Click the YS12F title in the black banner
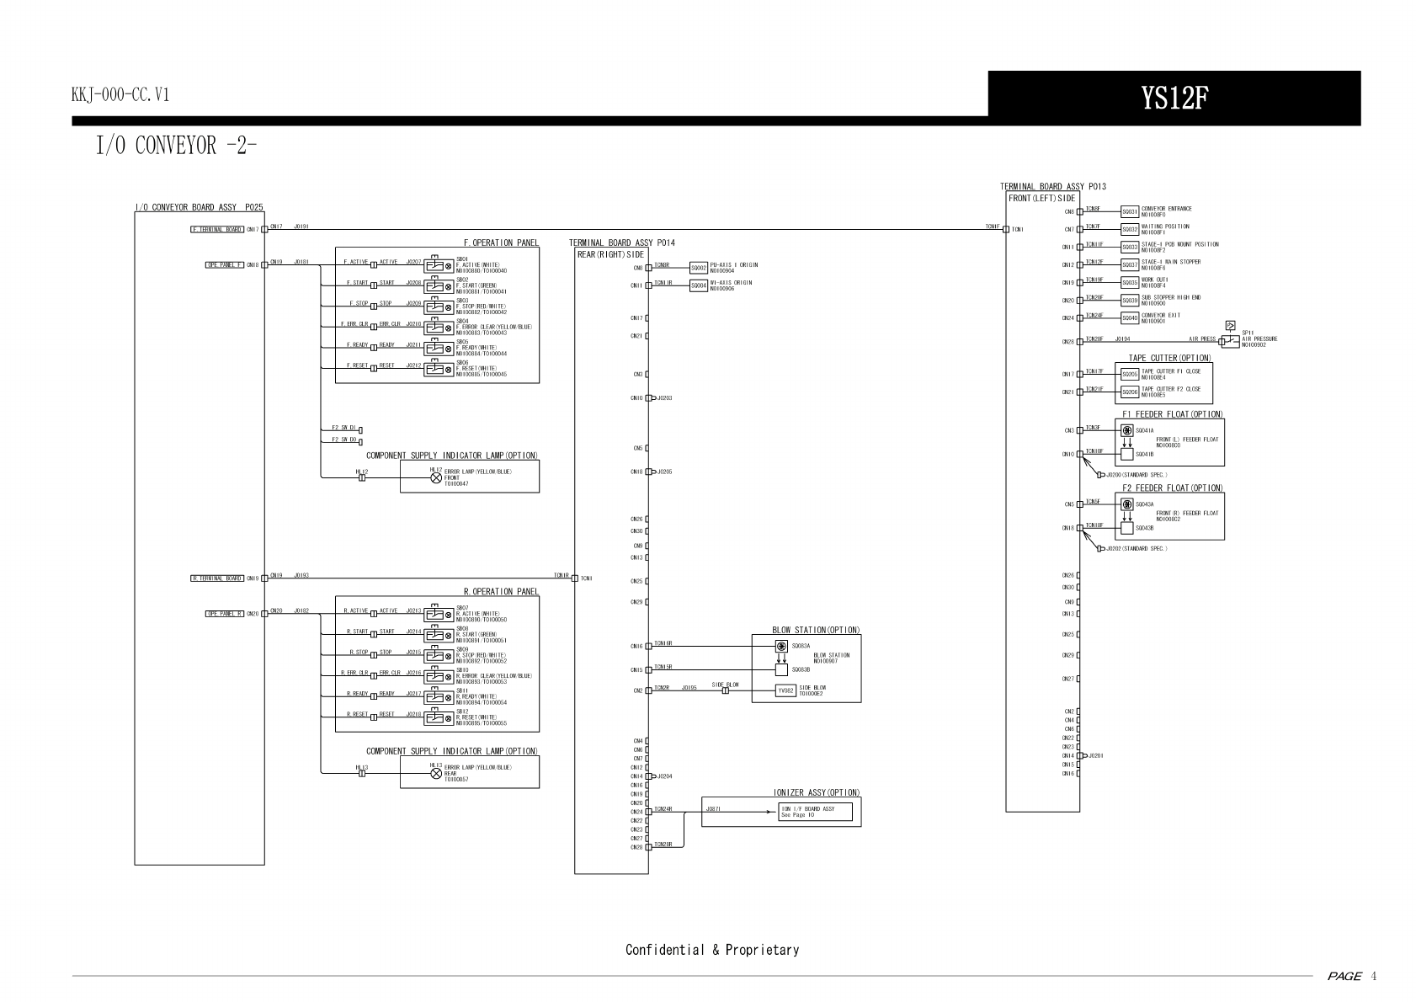[1174, 99]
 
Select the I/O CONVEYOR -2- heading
[176, 146]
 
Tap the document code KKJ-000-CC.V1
[120, 95]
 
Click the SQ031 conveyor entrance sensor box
[1130, 211]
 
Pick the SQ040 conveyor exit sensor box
[1130, 317]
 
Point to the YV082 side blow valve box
[785, 690]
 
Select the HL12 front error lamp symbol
[436, 477]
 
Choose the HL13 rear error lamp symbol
[436, 773]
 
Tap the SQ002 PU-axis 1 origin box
[698, 268]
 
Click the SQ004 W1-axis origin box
[698, 285]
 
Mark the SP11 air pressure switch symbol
[1230, 340]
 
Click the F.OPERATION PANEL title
[501, 243]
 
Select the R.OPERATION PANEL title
[501, 592]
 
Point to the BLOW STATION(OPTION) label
[816, 630]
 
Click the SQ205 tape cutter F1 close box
[1130, 374]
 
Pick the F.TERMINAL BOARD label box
[217, 229]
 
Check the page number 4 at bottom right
[1374, 977]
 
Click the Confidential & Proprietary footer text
[712, 950]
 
